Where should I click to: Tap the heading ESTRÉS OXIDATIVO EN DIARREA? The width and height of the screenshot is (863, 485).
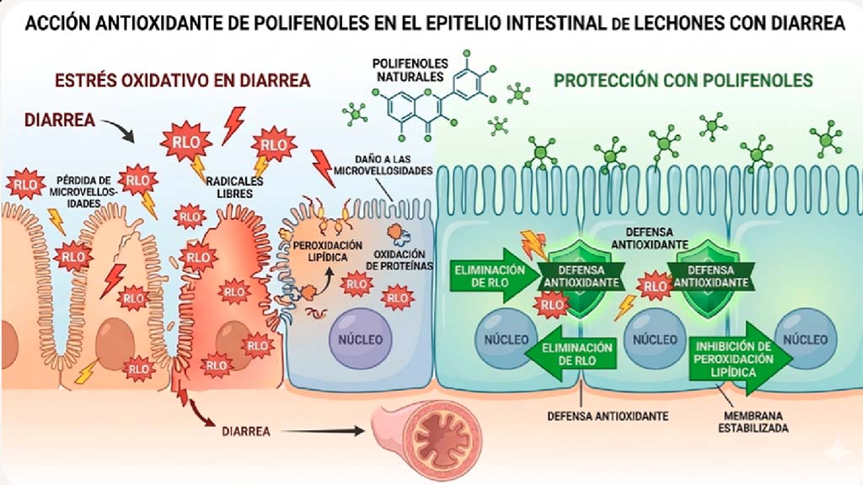click(x=183, y=80)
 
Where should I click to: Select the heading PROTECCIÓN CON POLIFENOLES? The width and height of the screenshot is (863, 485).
click(x=683, y=80)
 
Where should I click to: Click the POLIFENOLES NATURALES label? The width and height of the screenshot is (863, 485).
click(x=410, y=70)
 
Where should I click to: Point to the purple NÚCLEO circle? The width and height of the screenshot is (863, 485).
click(x=360, y=338)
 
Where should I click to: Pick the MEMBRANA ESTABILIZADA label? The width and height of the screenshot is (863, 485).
click(x=753, y=422)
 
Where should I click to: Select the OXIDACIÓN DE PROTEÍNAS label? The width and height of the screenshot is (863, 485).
click(x=399, y=260)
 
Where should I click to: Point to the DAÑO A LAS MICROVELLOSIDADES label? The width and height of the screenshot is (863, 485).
click(x=383, y=165)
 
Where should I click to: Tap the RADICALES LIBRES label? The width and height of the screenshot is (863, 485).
click(x=234, y=187)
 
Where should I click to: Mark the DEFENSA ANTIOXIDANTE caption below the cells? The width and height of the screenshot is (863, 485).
click(x=608, y=416)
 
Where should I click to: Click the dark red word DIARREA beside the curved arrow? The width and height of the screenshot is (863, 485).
click(x=60, y=120)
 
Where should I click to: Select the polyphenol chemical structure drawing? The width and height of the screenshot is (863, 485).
click(x=435, y=94)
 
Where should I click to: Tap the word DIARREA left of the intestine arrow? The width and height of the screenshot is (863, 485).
click(x=246, y=431)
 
